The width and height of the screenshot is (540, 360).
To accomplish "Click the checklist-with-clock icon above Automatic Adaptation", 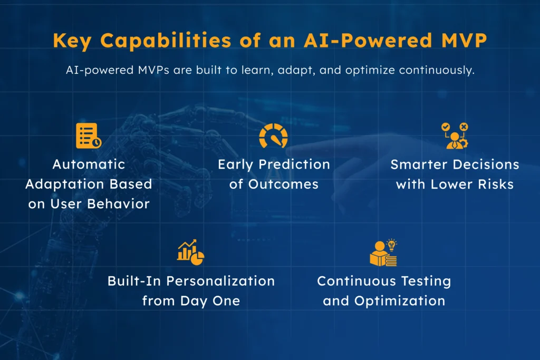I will pos(88,135).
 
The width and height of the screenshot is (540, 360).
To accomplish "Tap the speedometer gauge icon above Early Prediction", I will pos(273,135).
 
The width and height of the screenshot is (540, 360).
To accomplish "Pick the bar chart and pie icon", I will pos(190,252).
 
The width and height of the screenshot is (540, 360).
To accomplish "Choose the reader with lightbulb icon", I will pos(383,252).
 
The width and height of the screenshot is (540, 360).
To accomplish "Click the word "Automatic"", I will pos(89,164).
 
